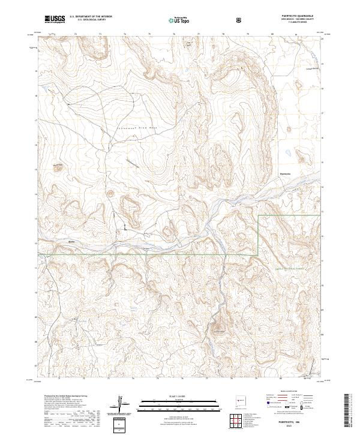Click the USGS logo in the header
[x=55, y=20]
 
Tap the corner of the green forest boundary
[x=259, y=215]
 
